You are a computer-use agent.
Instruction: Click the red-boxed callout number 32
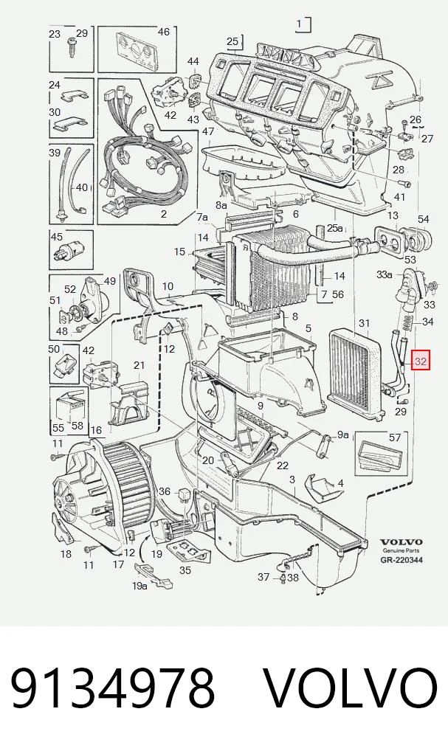tap(420, 361)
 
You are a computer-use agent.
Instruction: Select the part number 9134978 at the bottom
tap(113, 689)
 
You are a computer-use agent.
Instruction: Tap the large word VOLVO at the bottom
tap(351, 689)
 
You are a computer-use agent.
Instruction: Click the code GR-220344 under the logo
tap(402, 559)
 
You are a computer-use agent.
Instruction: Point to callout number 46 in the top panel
tap(163, 32)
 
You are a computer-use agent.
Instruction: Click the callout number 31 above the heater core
tap(365, 323)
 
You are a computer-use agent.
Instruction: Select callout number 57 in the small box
tap(394, 437)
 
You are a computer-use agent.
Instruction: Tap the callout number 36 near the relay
tap(165, 491)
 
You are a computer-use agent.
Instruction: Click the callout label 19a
tap(139, 586)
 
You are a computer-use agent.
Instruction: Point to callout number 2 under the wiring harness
tap(163, 214)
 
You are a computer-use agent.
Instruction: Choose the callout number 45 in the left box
tap(57, 237)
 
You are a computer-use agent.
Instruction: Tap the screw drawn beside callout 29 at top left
tap(71, 47)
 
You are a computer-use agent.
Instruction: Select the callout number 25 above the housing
tap(232, 41)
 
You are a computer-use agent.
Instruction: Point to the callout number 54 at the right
tap(423, 219)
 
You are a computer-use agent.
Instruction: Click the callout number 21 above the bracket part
tap(139, 365)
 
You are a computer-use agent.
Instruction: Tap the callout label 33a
tap(385, 274)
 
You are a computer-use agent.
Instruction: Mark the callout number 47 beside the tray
tap(207, 131)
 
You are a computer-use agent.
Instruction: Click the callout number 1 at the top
tap(300, 24)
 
